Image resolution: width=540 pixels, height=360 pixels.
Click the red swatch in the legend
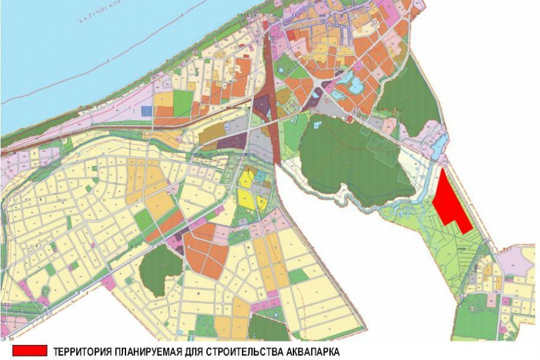[x=28, y=349]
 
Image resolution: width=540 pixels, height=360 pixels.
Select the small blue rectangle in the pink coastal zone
[x=146, y=111]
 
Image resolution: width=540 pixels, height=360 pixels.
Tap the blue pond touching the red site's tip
[x=443, y=142]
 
